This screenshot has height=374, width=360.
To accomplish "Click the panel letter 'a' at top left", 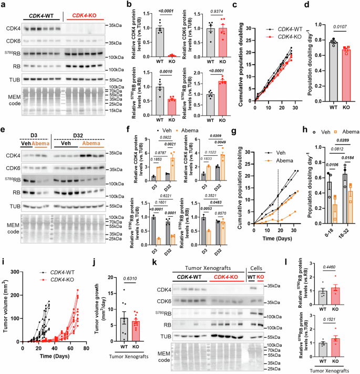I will pyautogui.click(x=3, y=5).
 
